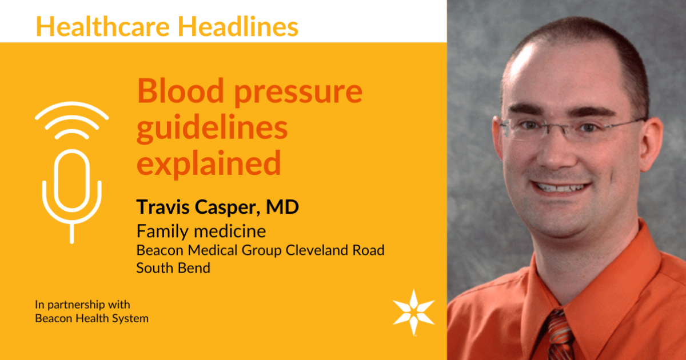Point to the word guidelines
click(x=212, y=128)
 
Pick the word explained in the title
click(x=209, y=164)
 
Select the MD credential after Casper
click(x=282, y=207)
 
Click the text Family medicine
click(x=201, y=231)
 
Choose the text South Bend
click(x=173, y=267)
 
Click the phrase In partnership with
click(x=82, y=305)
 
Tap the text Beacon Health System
click(x=91, y=319)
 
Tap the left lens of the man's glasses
click(x=524, y=129)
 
